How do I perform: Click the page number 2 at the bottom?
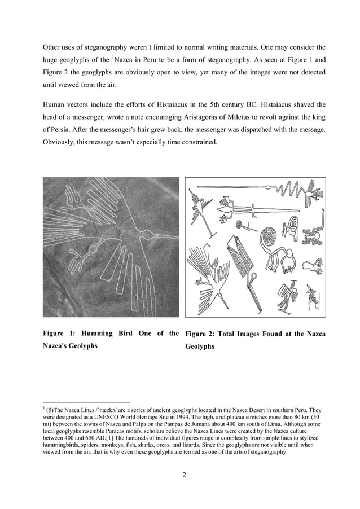pyautogui.click(x=184, y=474)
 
